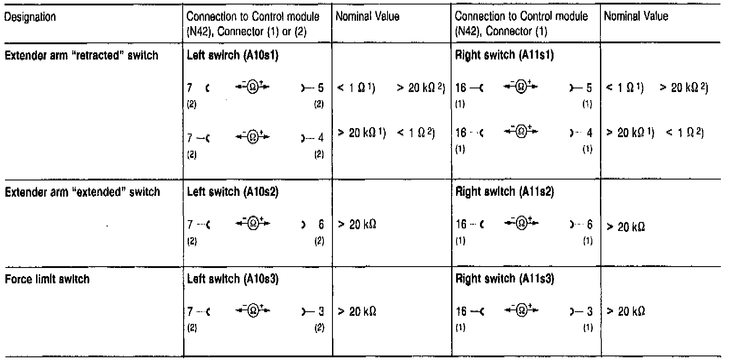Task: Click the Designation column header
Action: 30,17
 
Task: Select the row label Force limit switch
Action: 47,279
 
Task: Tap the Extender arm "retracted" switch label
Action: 81,55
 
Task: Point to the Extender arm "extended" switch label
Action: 82,192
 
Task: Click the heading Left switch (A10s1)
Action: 232,55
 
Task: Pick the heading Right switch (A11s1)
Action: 504,55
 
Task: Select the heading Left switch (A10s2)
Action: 233,192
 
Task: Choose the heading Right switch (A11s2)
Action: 505,192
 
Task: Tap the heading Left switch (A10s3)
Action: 233,279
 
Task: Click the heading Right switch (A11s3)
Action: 505,279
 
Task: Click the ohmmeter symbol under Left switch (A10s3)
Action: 254,311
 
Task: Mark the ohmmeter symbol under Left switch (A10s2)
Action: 254,223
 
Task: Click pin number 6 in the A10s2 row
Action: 321,224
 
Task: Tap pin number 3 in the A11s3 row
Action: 589,311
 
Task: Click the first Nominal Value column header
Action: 368,17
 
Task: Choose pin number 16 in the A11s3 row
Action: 461,311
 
